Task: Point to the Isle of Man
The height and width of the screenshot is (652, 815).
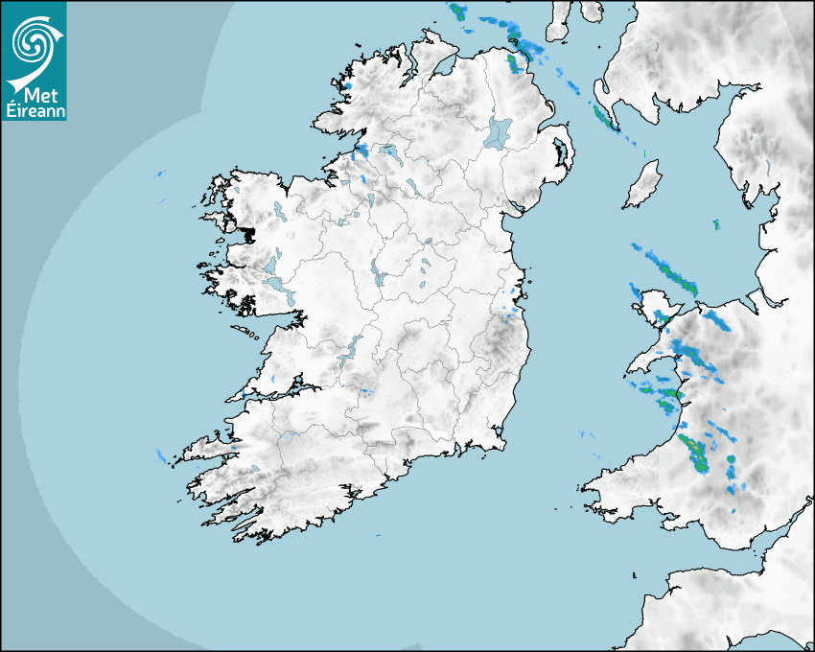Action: coord(642,184)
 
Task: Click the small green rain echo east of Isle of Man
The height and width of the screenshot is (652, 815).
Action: coord(715,224)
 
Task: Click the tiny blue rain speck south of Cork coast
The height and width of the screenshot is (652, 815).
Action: coord(378,535)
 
